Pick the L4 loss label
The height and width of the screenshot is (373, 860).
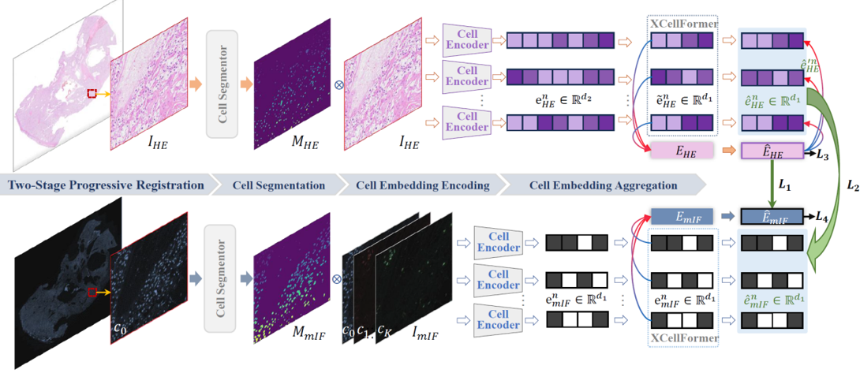point(824,215)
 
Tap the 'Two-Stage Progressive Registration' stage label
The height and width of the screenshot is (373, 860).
point(106,186)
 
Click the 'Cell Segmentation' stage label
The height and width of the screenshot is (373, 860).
point(279,186)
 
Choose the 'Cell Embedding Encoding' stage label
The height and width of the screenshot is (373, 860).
point(423,186)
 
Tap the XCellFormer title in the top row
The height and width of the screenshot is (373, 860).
point(684,23)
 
